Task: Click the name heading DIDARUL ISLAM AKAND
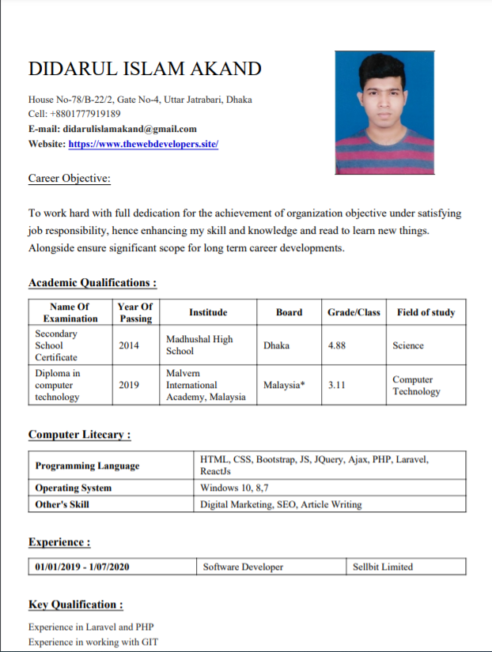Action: [x=145, y=69]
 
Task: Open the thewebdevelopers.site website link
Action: [x=143, y=144]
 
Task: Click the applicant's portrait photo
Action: [x=384, y=112]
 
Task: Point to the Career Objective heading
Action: [x=70, y=179]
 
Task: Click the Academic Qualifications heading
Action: [x=92, y=283]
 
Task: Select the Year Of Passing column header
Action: [x=135, y=312]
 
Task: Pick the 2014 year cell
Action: [x=129, y=345]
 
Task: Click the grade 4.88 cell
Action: [x=337, y=345]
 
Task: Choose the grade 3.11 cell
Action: [x=337, y=386]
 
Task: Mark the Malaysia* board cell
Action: [x=284, y=386]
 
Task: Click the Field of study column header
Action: [x=426, y=312]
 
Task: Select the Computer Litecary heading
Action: [x=79, y=435]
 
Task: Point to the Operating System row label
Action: [x=74, y=488]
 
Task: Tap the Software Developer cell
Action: [x=243, y=567]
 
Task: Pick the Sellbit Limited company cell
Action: [x=383, y=567]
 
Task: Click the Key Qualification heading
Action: [x=76, y=605]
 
